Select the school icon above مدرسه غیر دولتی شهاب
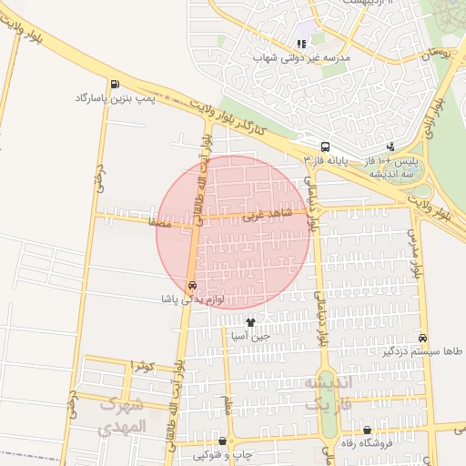pyautogui.click(x=301, y=44)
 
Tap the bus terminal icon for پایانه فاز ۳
pyautogui.click(x=325, y=147)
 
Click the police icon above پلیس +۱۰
pyautogui.click(x=390, y=147)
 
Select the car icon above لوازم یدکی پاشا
pyautogui.click(x=191, y=285)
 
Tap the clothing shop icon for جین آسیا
pyautogui.click(x=250, y=322)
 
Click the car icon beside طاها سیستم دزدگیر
pyautogui.click(x=422, y=337)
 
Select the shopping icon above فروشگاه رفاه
pyautogui.click(x=367, y=431)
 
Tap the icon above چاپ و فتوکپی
pyautogui.click(x=222, y=441)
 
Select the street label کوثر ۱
pyautogui.click(x=143, y=366)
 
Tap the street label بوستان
pyautogui.click(x=435, y=56)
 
